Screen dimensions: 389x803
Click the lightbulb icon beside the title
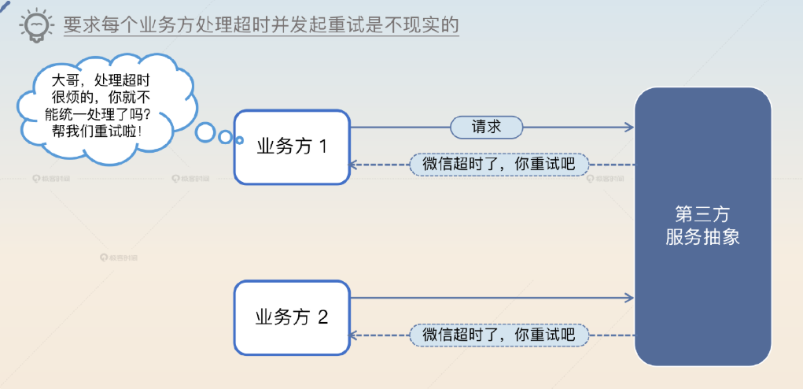click(35, 24)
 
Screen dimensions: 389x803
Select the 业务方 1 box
click(291, 146)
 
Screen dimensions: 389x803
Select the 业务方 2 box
click(291, 317)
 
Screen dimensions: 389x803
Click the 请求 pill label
click(486, 127)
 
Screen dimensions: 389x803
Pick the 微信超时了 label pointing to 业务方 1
click(499, 165)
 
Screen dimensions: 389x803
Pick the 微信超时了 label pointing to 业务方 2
click(499, 335)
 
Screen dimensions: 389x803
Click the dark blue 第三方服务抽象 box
click(702, 226)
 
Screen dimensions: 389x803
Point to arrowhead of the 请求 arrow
click(629, 127)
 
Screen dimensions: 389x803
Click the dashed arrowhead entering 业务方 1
click(355, 165)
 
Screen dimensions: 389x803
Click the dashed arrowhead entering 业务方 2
click(355, 335)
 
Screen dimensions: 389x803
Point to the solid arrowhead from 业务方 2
click(629, 298)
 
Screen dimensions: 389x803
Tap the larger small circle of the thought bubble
click(205, 132)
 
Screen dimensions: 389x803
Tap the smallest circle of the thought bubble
click(226, 137)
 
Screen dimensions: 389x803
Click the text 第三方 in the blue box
click(702, 214)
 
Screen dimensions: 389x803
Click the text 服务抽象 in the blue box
click(702, 237)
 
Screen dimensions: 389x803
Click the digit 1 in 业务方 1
click(322, 146)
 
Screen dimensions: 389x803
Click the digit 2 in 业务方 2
click(322, 317)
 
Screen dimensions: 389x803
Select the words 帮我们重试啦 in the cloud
click(98, 130)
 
